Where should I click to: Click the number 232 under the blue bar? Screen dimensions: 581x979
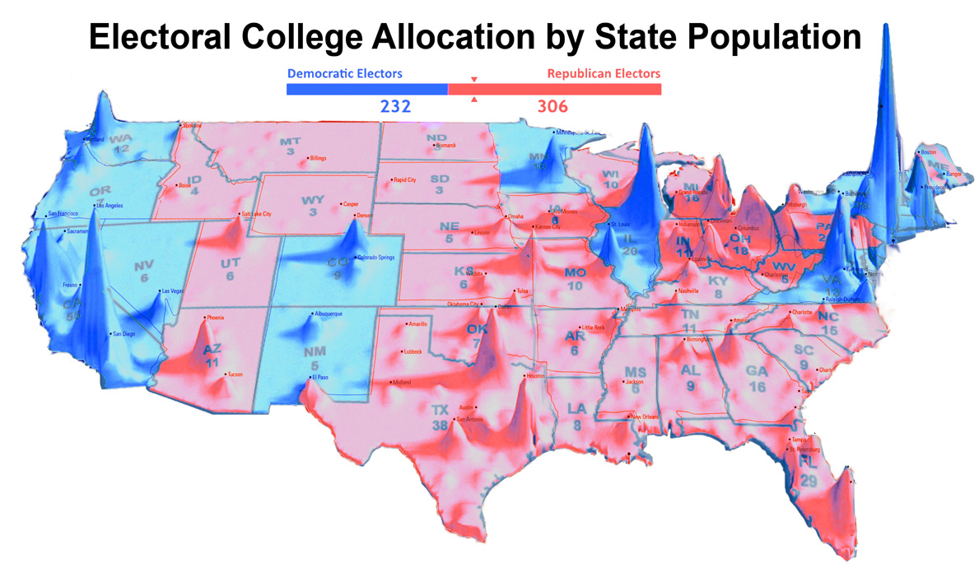(x=395, y=107)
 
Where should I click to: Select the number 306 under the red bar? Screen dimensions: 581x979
(x=552, y=107)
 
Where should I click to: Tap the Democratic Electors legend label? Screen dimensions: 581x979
(x=344, y=73)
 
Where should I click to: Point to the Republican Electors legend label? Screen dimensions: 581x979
(x=604, y=73)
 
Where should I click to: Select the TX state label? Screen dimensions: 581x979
(x=441, y=410)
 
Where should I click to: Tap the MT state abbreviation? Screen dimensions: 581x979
(x=290, y=142)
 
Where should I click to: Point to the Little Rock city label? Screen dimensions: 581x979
(x=593, y=328)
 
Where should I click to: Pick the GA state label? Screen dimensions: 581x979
(x=756, y=371)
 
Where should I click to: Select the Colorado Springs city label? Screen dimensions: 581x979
(x=378, y=258)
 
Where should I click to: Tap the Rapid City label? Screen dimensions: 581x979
(x=404, y=179)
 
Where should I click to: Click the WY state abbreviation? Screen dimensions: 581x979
(x=314, y=200)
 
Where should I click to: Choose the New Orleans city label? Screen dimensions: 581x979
(x=647, y=416)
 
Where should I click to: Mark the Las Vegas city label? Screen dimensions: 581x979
(x=173, y=291)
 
